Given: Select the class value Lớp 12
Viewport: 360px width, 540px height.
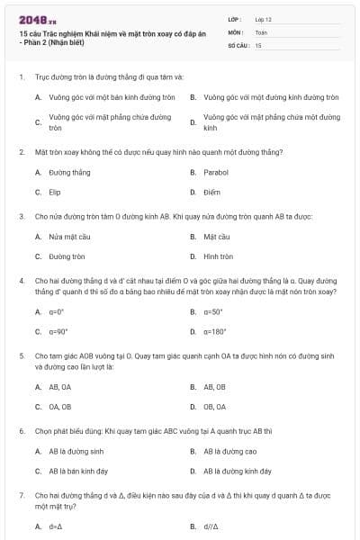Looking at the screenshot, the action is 263,19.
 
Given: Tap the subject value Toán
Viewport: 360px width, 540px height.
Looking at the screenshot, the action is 261,31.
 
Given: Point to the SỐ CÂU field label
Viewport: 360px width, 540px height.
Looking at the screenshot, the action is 238,44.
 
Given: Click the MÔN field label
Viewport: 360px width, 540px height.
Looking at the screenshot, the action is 235,31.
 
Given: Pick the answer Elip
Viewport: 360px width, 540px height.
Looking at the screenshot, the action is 55,192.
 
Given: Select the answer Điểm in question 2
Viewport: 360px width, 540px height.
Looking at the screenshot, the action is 211,192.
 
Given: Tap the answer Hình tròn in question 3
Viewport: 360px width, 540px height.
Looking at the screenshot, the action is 218,256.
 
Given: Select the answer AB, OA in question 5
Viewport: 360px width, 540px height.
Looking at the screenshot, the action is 60,386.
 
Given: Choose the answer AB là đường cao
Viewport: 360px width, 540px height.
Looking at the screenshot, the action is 230,451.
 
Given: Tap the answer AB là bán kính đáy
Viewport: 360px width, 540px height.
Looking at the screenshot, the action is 76,471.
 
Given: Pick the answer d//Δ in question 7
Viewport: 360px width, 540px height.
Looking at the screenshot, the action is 213,526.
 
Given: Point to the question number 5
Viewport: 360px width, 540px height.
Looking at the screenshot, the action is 21,356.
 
